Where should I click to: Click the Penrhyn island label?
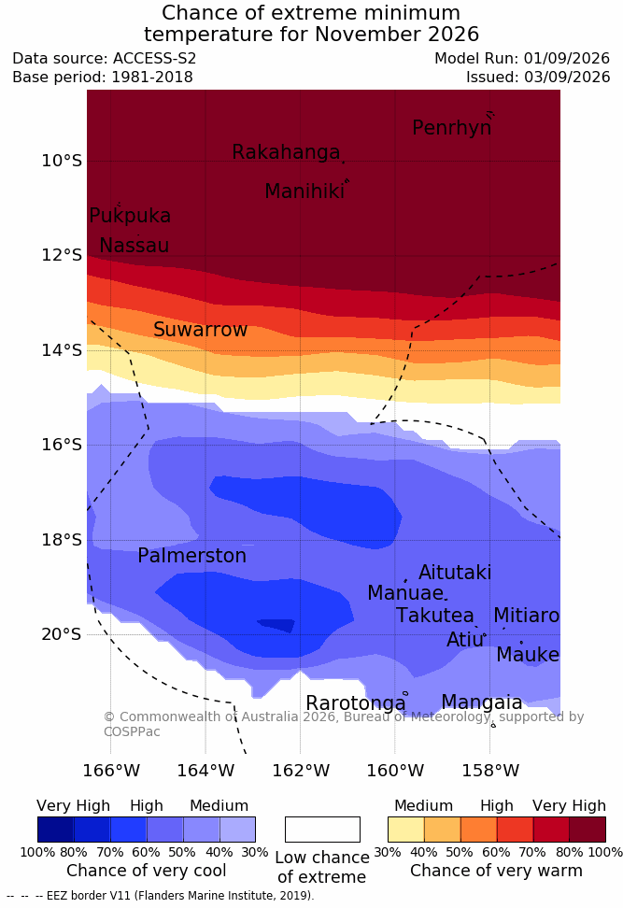452,128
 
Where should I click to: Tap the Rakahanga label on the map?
286,152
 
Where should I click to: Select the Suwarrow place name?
200,330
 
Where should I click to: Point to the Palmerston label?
191,556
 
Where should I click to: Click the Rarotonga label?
356,703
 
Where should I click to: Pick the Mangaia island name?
482,702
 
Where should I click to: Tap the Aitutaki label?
455,573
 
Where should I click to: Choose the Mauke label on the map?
528,655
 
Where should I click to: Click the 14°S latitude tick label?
62,350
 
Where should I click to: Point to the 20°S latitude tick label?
62,634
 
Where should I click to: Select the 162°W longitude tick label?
301,771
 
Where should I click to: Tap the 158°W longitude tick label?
489,771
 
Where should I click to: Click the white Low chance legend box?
322,830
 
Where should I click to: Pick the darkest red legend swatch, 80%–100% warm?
588,830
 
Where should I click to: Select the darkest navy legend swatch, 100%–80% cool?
56,830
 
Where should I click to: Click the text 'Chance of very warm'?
496,871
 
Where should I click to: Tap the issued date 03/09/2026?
567,77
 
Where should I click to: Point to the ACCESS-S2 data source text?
155,59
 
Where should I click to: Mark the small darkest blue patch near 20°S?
276,625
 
